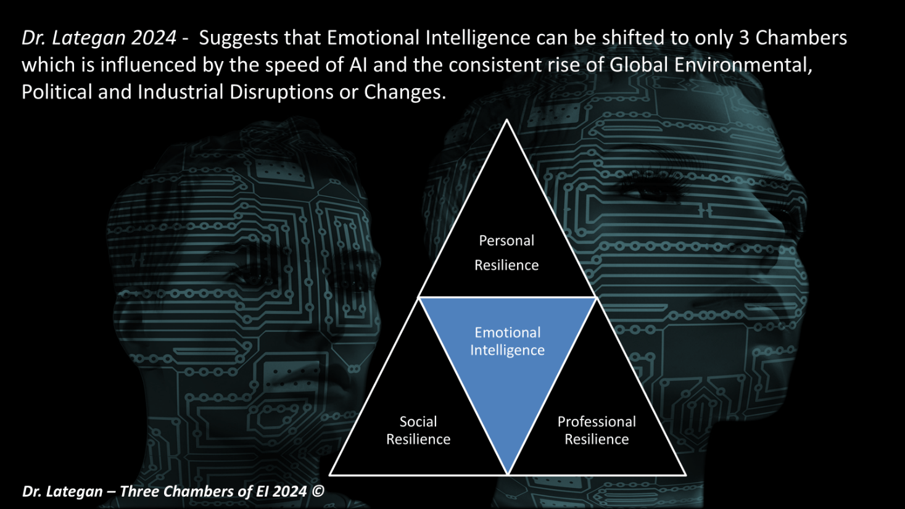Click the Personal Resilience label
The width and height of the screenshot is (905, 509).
tap(506, 253)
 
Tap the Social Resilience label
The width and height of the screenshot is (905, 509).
tap(418, 430)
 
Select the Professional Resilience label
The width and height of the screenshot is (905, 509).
tap(597, 430)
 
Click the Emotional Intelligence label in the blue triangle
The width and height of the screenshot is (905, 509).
tap(508, 341)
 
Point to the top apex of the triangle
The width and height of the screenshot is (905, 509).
tap(506, 120)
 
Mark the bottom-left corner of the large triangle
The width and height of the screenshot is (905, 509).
tap(330, 474)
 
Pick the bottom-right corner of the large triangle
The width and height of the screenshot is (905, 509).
tap(685, 474)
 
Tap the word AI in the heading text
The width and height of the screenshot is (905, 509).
tap(358, 65)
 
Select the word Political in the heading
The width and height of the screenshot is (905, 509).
tap(57, 92)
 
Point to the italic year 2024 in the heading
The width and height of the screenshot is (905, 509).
tap(154, 38)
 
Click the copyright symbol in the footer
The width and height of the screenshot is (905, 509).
tap(318, 491)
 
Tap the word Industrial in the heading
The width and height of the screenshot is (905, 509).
tap(180, 92)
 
